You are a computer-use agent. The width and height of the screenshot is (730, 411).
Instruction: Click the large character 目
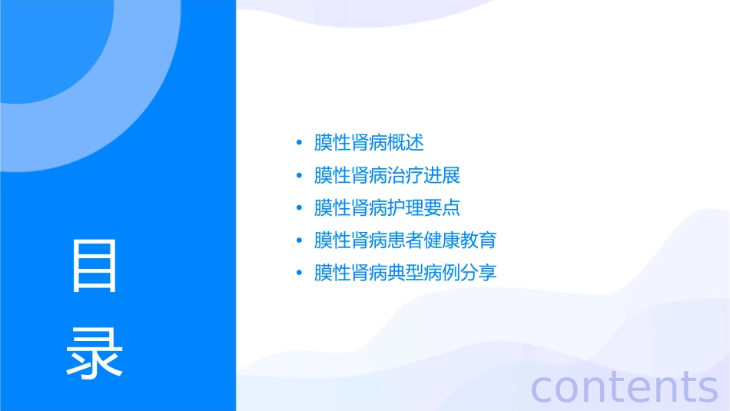[95, 266]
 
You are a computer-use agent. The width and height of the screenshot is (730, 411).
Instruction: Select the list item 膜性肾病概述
[369, 143]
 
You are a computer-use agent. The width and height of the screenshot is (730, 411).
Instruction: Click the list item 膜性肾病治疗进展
[387, 175]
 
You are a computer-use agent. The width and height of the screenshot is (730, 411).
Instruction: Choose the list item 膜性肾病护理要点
[387, 207]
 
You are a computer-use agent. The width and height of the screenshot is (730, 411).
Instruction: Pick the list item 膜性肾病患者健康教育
[406, 240]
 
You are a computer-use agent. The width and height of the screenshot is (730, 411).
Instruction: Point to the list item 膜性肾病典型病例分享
[406, 273]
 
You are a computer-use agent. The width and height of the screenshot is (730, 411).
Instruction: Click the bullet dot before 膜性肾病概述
[300, 144]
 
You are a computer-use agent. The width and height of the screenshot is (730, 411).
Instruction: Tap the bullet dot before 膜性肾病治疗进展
[300, 176]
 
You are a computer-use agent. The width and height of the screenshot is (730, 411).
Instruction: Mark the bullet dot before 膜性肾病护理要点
[300, 208]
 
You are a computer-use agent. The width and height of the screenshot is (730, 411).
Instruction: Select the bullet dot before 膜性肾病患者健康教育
[300, 241]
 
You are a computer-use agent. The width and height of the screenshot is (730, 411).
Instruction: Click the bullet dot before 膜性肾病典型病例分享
[300, 273]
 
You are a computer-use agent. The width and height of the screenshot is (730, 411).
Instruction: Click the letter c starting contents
[543, 388]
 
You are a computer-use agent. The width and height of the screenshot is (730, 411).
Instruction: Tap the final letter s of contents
[707, 388]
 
